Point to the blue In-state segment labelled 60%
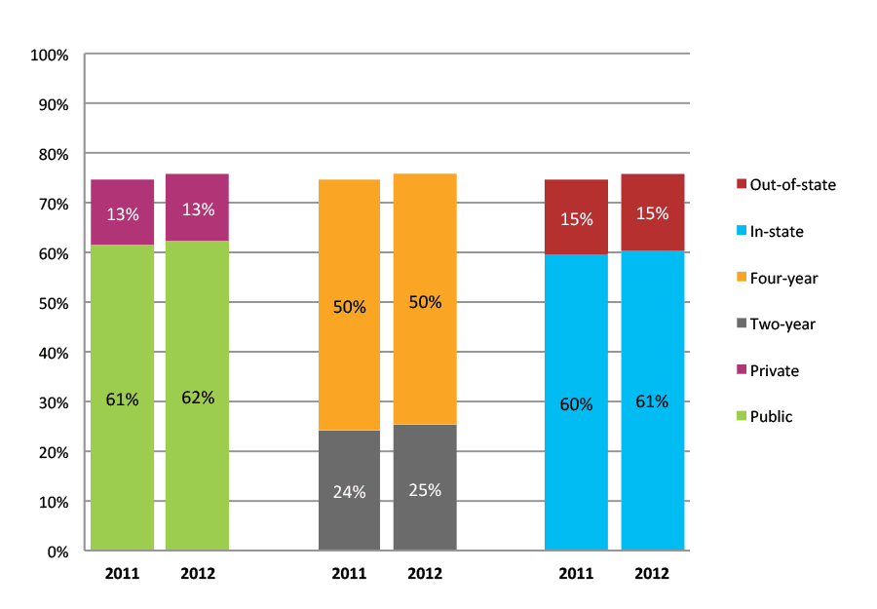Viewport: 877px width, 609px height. [576, 402]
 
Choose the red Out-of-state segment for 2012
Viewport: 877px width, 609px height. [652, 212]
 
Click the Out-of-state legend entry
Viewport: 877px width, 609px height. [786, 184]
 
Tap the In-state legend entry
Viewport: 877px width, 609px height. [777, 231]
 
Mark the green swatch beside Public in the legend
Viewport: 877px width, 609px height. [742, 417]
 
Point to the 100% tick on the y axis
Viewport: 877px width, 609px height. [50, 55]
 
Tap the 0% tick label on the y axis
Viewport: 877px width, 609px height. [57, 552]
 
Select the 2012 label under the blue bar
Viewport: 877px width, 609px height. [652, 574]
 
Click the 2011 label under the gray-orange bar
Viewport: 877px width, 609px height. [349, 574]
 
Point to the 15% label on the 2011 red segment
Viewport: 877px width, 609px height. [576, 219]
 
